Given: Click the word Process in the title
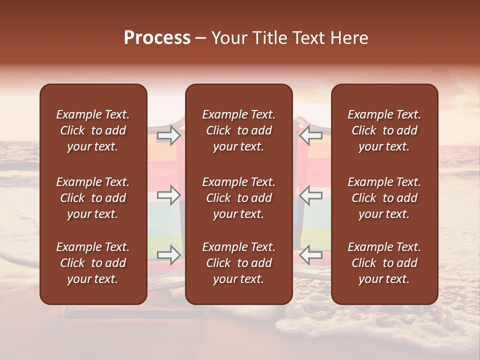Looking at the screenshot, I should [x=157, y=38].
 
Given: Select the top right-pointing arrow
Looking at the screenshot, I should [x=169, y=135].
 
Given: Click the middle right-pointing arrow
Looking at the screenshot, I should [x=169, y=195].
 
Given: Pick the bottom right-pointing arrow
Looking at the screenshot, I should [x=169, y=255].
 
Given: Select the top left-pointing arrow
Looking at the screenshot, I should [x=311, y=135].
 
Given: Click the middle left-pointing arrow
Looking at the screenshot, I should [x=311, y=195].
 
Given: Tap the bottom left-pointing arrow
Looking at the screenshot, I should [x=311, y=255].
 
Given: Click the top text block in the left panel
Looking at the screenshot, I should [x=93, y=130].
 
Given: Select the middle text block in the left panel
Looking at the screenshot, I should [x=93, y=198].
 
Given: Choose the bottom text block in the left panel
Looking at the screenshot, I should [x=93, y=263].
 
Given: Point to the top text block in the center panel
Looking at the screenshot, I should [x=239, y=130].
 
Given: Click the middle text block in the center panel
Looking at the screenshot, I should [x=239, y=198].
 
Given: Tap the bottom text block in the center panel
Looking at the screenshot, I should [x=239, y=263].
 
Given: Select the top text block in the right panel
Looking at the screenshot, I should [x=384, y=130].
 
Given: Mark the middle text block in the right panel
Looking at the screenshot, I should [x=384, y=198].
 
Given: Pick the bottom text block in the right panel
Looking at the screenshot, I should [x=384, y=263].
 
